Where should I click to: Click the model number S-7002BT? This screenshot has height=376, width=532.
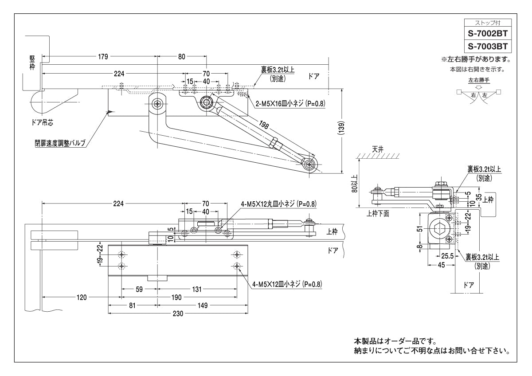[x=488, y=33]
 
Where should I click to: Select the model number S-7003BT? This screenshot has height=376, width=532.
[x=488, y=46]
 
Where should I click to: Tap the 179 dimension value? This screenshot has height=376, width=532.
[x=103, y=56]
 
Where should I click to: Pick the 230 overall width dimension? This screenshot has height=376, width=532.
[x=178, y=313]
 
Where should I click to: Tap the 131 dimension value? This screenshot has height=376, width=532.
[x=196, y=289]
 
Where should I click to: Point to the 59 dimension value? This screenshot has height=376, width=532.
[x=139, y=289]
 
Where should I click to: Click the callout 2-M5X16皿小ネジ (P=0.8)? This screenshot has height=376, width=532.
[x=290, y=103]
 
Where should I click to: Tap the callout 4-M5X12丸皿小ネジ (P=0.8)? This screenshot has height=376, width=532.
[x=278, y=204]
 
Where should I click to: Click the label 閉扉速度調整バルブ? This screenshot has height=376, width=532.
[x=60, y=144]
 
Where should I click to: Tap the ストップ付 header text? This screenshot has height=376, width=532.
[x=487, y=23]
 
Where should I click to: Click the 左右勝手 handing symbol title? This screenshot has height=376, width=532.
[x=479, y=80]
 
